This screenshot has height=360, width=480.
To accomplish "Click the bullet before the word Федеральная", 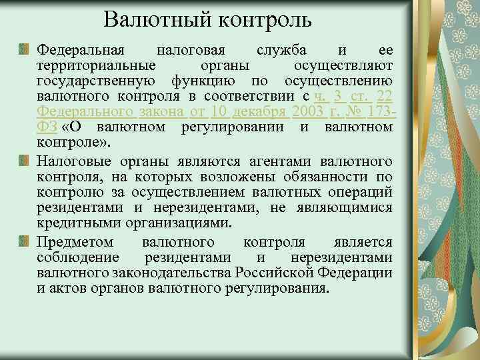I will pos(25,50).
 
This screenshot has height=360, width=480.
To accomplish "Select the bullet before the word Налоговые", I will pos(25,161).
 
